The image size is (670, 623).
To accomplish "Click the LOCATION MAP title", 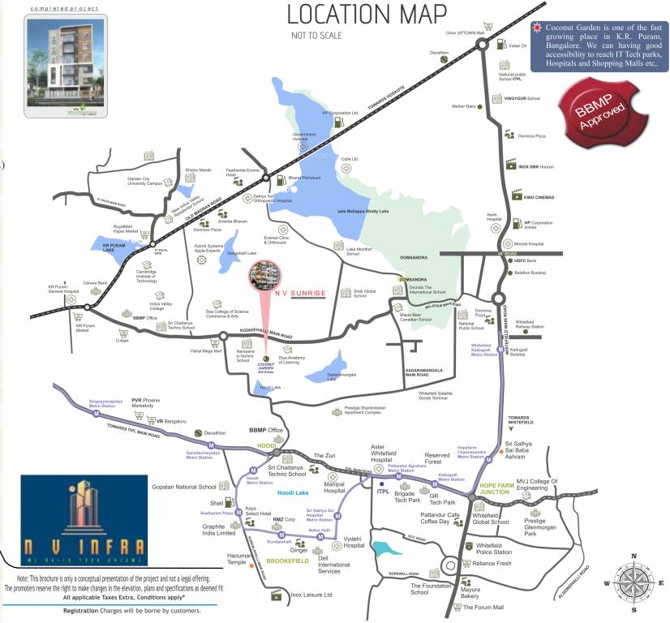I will coord(367,14).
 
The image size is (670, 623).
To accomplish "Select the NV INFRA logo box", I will coord(84,520).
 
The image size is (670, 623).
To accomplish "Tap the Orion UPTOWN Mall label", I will coord(465,33).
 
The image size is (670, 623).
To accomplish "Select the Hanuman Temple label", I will coord(237,559).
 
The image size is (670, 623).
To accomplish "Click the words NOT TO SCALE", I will coord(316,36).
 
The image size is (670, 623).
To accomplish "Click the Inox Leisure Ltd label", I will coord(312,595).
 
